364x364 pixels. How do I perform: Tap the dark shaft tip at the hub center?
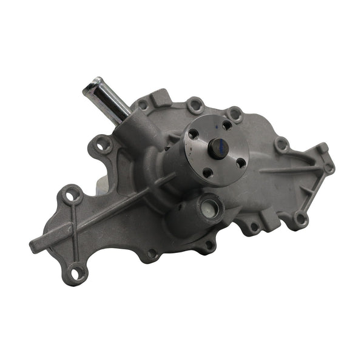pos(218,147)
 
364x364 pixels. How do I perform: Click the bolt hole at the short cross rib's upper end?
pos(73,194)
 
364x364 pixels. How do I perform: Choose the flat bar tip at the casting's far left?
pos(35,246)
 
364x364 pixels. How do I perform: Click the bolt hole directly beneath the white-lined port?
pos(207,245)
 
